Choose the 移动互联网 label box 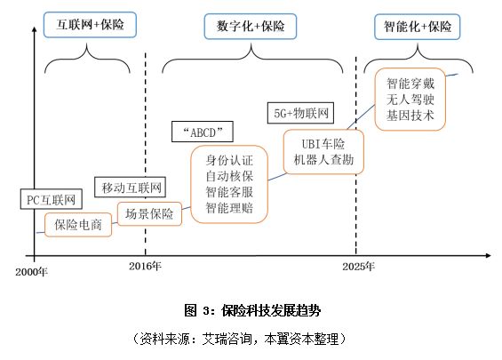coord(130,187)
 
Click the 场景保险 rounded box coord(148,213)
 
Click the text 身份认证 coord(229,161)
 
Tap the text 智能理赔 coord(229,209)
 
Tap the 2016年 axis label coord(145,266)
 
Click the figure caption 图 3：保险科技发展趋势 coord(251,310)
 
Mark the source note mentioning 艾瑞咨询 coord(251,339)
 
